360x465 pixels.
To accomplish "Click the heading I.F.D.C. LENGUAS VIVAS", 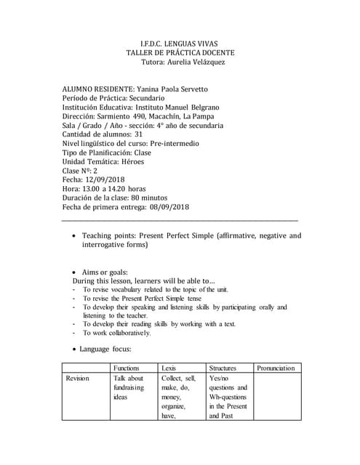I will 180,43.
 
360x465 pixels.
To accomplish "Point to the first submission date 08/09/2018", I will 169,206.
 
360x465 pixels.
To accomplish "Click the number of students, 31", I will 139,134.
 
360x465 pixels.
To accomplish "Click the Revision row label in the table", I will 78,379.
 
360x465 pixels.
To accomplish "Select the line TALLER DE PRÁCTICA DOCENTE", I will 180,53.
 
